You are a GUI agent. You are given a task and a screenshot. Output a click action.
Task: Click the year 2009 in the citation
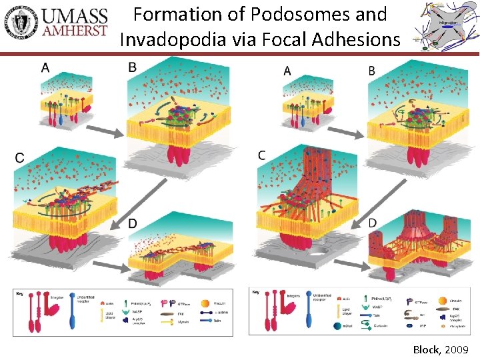point(457,349)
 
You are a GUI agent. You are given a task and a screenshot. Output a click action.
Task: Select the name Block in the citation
point(427,349)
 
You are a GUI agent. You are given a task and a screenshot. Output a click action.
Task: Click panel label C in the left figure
point(20,157)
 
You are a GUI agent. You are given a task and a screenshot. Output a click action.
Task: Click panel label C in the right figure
point(262,155)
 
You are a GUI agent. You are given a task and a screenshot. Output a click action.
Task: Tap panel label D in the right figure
point(373,222)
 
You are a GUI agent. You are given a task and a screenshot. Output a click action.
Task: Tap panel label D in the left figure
point(133,223)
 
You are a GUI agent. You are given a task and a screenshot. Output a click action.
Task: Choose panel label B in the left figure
point(132,67)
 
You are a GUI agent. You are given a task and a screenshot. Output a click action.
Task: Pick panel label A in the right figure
point(287,70)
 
